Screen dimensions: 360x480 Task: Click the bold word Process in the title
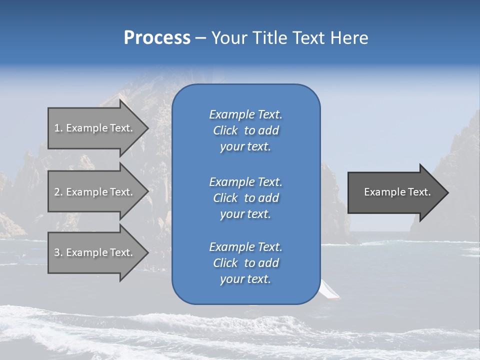(x=157, y=38)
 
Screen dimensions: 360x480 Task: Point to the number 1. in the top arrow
(x=58, y=128)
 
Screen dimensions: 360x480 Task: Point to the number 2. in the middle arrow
(x=58, y=192)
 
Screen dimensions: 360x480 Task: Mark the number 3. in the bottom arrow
(x=58, y=252)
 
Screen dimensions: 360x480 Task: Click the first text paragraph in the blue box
(x=245, y=130)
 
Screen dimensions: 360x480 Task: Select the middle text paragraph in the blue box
(x=245, y=198)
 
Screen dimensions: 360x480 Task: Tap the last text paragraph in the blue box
(x=245, y=263)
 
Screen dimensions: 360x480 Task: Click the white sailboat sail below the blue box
(x=329, y=290)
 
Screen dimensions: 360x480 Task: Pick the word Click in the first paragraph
(x=225, y=130)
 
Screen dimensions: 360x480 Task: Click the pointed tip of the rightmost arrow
(x=447, y=192)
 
